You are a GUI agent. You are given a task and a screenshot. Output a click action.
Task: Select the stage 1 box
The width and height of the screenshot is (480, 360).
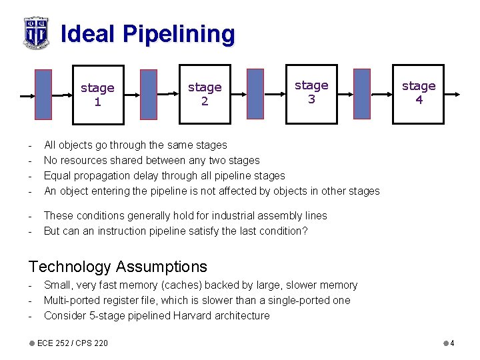pos(97,94)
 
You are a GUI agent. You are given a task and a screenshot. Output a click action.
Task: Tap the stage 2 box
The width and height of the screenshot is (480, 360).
pos(204,94)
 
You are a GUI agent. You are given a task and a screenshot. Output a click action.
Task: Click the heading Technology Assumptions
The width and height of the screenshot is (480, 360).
pos(118,267)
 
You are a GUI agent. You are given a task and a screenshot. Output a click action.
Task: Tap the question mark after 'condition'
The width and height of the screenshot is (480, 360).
pos(305,231)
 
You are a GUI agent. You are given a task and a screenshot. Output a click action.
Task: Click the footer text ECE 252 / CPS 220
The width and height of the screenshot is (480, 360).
pos(72,343)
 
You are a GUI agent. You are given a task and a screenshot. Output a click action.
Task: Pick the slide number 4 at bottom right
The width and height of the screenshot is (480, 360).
pos(452,343)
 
